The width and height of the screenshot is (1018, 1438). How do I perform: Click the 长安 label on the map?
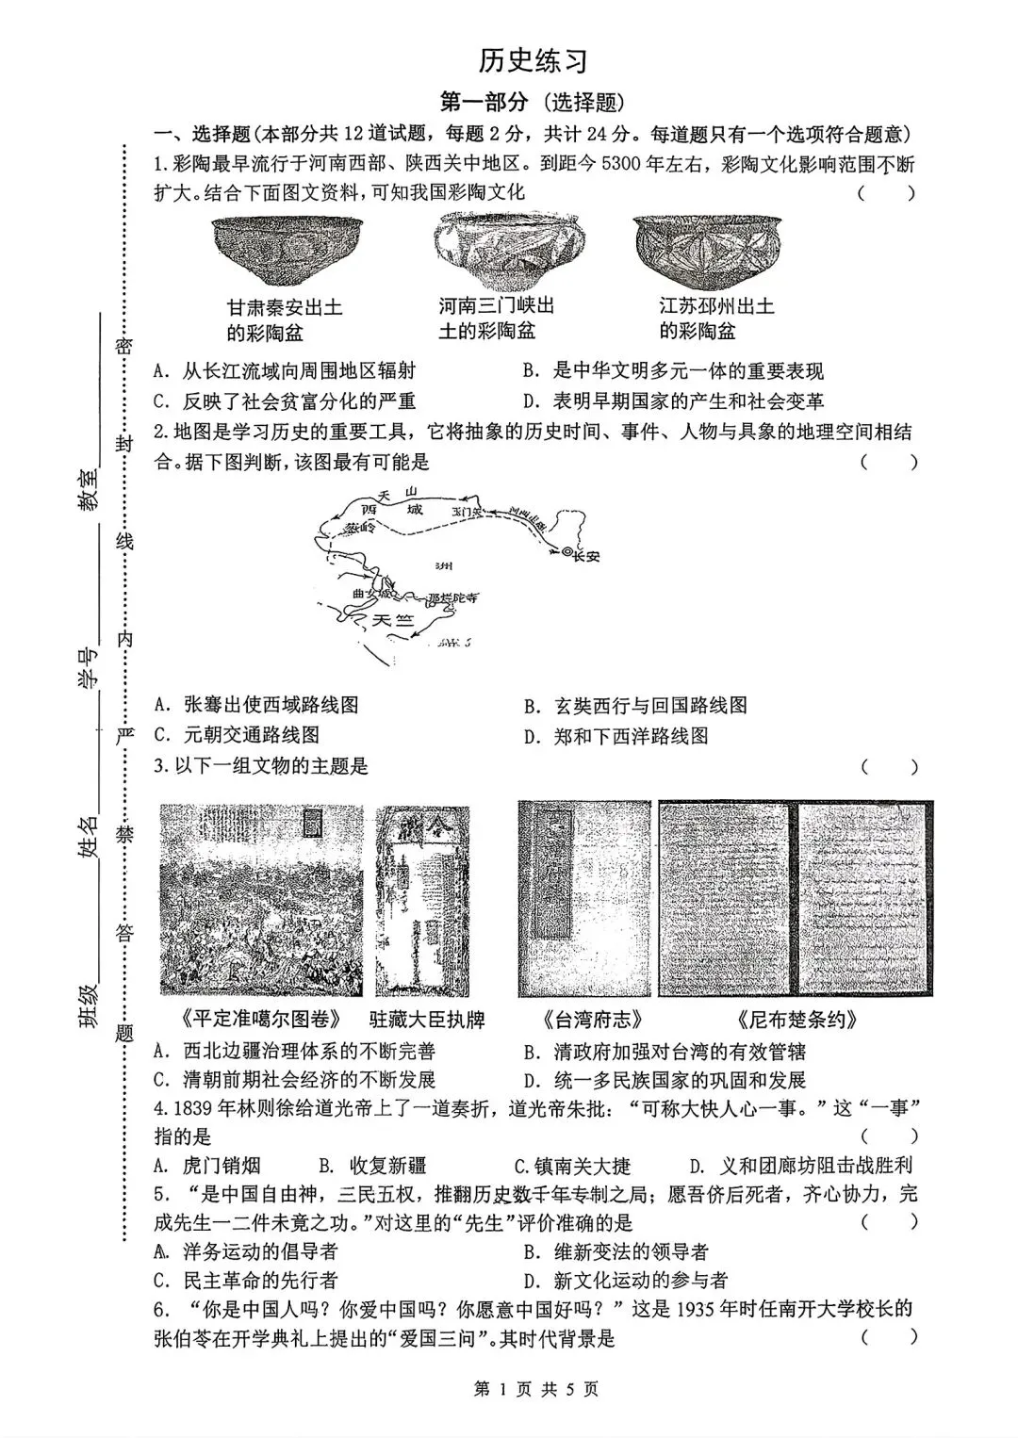(583, 555)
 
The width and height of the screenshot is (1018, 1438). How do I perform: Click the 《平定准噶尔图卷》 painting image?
(262, 900)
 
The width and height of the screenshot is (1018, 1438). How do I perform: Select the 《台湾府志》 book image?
(583, 900)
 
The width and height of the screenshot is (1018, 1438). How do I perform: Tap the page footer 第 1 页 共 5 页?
(534, 1388)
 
